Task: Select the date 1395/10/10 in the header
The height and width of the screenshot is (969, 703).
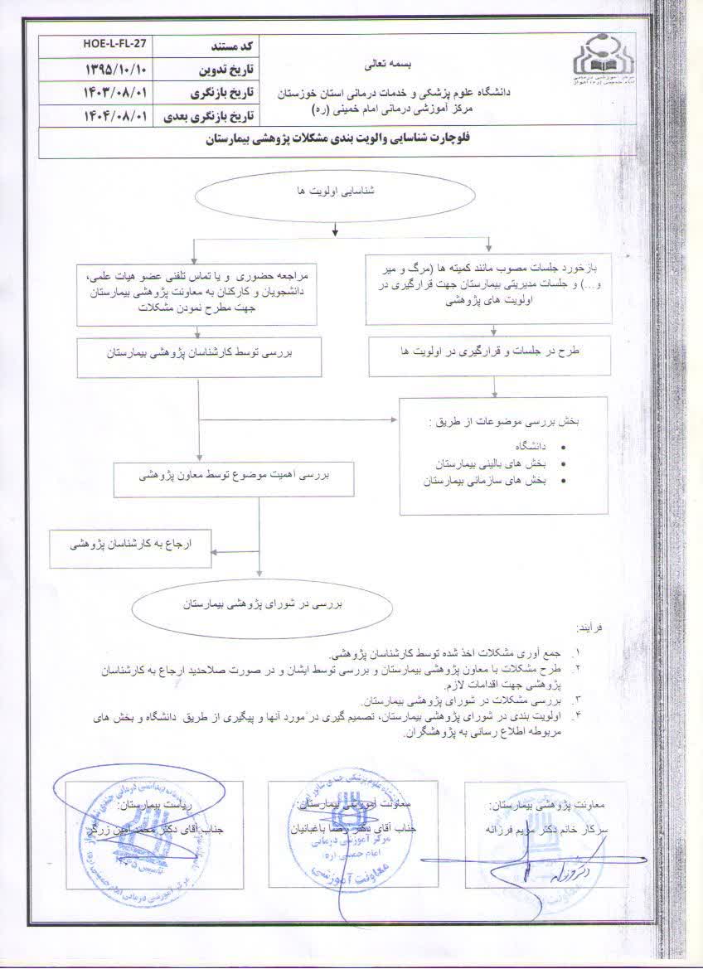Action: tap(114, 65)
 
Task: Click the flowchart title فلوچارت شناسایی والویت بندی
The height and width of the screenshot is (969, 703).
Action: tap(351, 142)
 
